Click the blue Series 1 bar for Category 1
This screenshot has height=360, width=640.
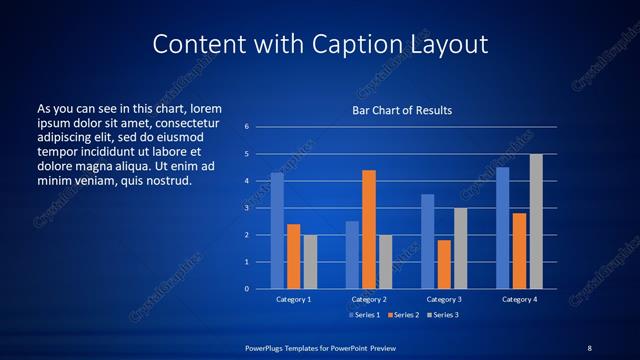[277, 231]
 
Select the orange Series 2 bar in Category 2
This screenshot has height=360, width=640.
[369, 229]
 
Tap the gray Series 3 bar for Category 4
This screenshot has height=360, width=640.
[536, 221]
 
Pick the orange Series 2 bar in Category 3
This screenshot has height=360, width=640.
[444, 264]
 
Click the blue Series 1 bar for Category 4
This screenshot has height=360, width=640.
[502, 228]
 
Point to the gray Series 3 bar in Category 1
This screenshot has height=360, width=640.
[310, 262]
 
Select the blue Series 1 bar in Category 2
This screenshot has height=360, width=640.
[352, 255]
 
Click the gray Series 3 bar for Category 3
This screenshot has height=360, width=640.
[461, 248]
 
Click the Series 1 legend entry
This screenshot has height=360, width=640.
[365, 315]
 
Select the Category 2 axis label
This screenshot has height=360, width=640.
[369, 299]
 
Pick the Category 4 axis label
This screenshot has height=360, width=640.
[519, 299]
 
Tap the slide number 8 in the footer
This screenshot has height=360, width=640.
[589, 347]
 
